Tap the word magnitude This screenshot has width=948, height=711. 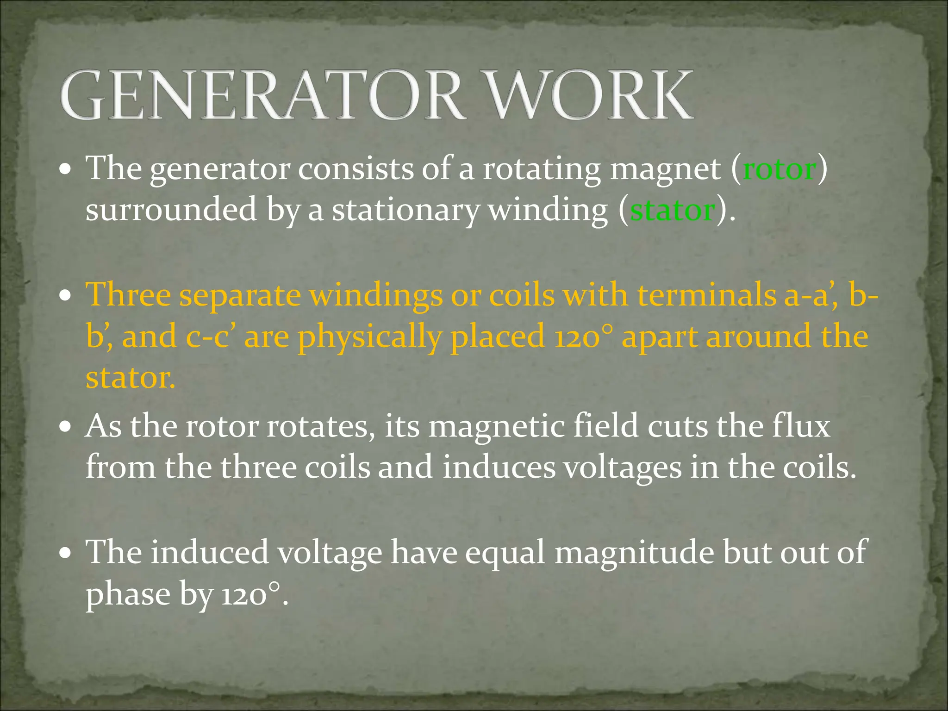pyautogui.click(x=634, y=553)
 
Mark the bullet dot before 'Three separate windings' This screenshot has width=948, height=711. pyautogui.click(x=66, y=295)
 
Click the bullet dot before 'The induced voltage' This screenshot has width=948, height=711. pyautogui.click(x=66, y=553)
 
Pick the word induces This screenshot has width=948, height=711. pyautogui.click(x=498, y=468)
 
